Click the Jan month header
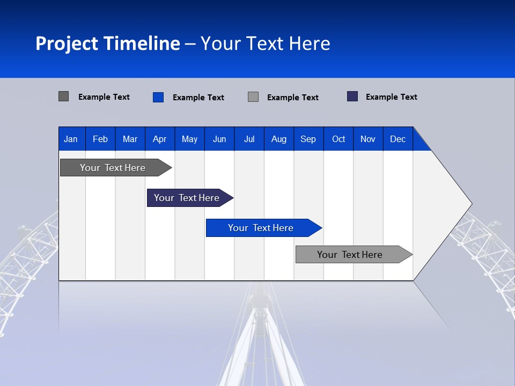71,139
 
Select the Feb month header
100,139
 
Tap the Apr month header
159,139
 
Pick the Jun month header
219,139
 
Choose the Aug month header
278,139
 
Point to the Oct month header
339,139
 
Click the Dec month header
398,139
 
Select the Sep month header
308,139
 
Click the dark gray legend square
64,96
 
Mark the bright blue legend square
158,97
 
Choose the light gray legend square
253,97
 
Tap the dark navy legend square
352,96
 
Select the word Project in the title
67,43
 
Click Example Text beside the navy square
391,97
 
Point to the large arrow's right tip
471,204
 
